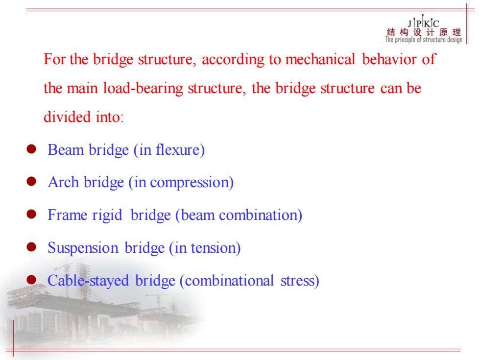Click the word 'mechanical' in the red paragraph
[x=320, y=59]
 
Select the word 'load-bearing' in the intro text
[x=143, y=89]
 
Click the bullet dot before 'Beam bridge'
[x=31, y=149]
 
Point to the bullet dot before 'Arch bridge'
[x=31, y=182]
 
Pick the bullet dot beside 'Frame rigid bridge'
[x=31, y=215]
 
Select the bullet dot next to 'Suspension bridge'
[x=31, y=247]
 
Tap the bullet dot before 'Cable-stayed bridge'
[x=31, y=280]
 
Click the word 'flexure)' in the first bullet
[x=180, y=150]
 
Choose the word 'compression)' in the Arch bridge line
[x=192, y=183]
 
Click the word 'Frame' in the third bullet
[x=68, y=215]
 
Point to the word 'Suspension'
[x=83, y=248]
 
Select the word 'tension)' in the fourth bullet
[x=216, y=248]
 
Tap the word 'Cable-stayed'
[x=88, y=281]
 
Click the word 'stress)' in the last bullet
[x=300, y=281]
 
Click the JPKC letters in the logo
[x=423, y=23]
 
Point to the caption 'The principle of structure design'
[x=424, y=40]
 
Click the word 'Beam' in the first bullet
[x=66, y=150]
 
